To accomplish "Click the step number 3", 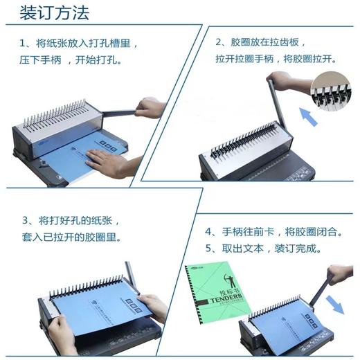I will pos(25,221).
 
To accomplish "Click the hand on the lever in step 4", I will pos(340,274).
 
